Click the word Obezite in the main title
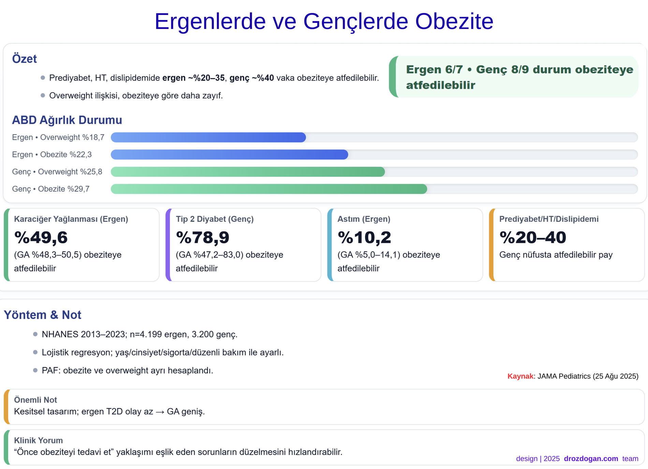[454, 21]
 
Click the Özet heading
[24, 59]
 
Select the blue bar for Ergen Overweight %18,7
[208, 137]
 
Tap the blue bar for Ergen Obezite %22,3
[229, 154]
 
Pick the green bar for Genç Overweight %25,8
[248, 172]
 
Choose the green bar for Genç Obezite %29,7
[269, 189]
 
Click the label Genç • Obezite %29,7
[51, 189]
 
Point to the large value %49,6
[41, 237]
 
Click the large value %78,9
[203, 237]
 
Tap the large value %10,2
[364, 237]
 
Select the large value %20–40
[533, 237]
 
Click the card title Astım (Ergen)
[364, 219]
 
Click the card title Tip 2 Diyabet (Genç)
[215, 219]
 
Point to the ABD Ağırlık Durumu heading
[67, 120]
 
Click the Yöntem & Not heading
[43, 315]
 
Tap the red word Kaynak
[520, 376]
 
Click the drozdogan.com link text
[591, 459]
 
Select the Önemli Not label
[35, 400]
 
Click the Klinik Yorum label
[38, 440]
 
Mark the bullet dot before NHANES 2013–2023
[35, 334]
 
